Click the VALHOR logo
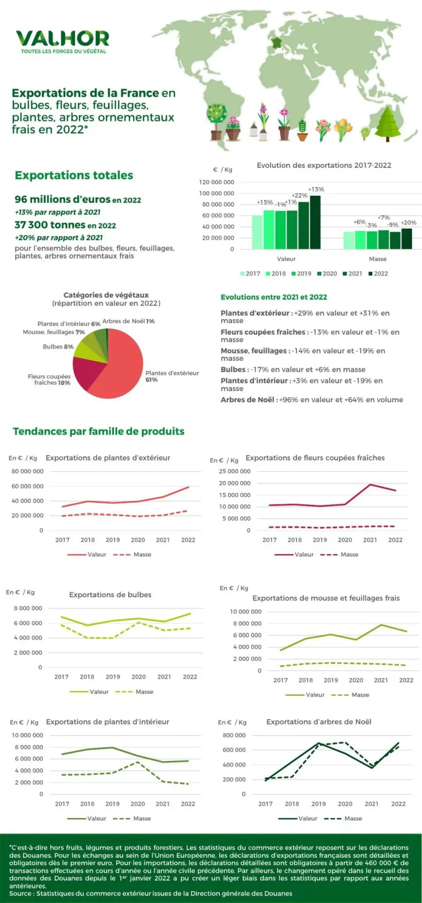(x=62, y=40)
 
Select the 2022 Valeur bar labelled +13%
(x=315, y=222)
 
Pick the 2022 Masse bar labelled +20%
(x=406, y=238)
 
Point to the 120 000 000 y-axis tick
(x=216, y=182)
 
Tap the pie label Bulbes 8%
(x=58, y=347)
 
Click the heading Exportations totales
(x=74, y=175)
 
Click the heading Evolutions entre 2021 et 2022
(x=274, y=297)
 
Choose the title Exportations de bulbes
(x=110, y=595)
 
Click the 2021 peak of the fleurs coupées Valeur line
(x=370, y=484)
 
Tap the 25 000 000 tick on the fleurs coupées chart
(x=235, y=471)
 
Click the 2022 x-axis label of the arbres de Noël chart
(x=398, y=804)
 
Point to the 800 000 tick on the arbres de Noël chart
(x=234, y=735)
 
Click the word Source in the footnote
(x=20, y=894)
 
